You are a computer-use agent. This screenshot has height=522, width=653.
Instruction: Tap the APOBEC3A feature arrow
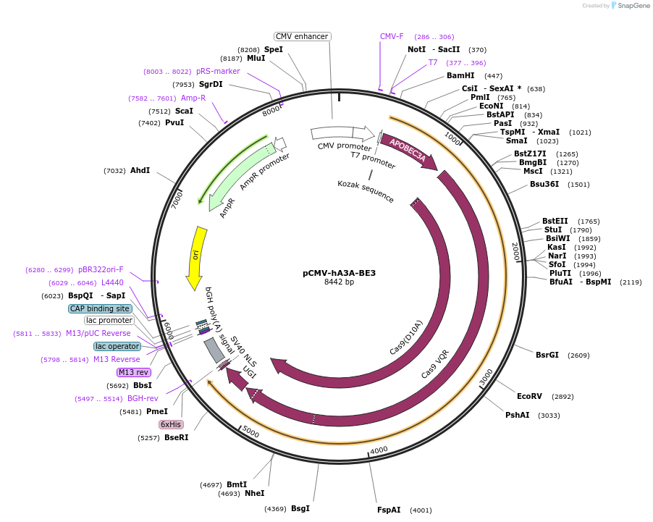408,151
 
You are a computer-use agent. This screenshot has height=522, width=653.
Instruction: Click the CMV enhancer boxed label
303,36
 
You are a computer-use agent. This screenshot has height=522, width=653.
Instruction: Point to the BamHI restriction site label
460,75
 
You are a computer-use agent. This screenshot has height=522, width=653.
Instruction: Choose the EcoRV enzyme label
529,396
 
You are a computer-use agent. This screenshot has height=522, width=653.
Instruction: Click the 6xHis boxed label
172,424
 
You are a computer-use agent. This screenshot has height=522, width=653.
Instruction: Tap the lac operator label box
117,346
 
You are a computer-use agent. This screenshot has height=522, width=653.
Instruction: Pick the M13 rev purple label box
134,372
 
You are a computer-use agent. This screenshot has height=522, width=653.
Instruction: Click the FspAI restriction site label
389,510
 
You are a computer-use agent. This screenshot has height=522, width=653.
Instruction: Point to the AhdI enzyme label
140,170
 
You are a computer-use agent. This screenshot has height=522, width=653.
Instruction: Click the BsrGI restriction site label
547,355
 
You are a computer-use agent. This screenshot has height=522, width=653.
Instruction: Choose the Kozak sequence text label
366,192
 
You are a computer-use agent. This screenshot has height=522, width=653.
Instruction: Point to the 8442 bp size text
339,282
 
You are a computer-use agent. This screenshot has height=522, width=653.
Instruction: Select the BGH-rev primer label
143,398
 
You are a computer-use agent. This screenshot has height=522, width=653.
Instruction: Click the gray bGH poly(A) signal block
214,350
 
